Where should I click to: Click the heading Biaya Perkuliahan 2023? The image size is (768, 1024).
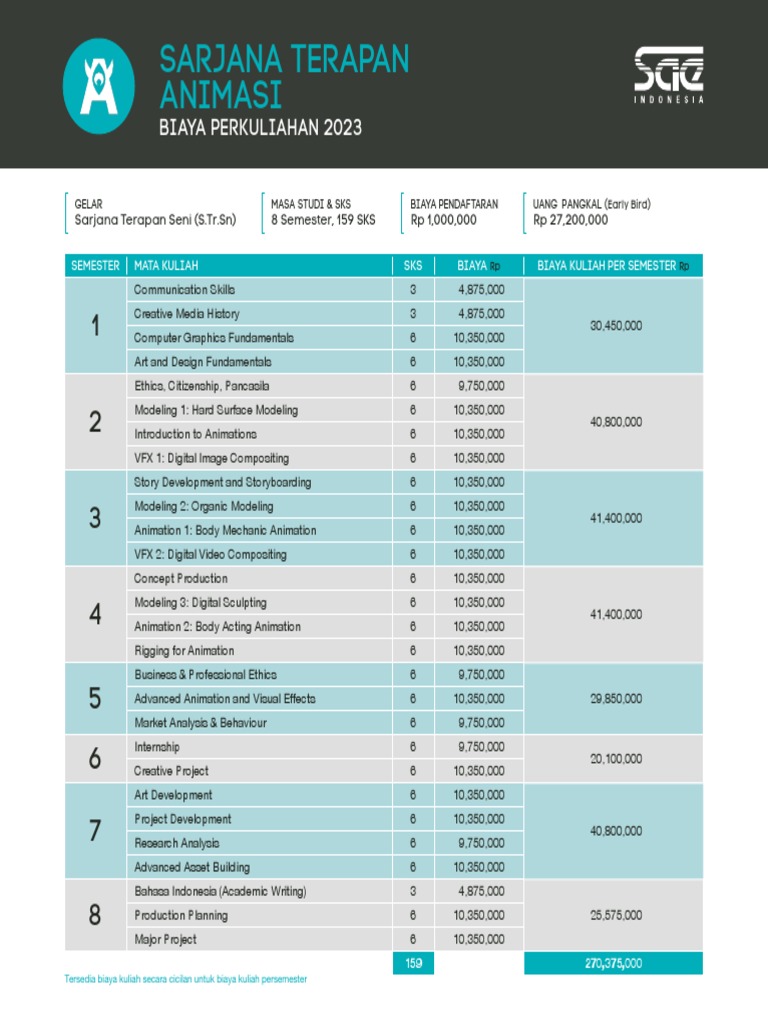[x=260, y=128]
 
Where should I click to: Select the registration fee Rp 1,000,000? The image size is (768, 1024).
[x=443, y=220]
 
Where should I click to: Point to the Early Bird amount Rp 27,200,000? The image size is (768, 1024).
[x=570, y=220]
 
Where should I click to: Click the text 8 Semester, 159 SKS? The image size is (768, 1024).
[x=323, y=220]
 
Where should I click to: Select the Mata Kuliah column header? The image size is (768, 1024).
[x=167, y=266]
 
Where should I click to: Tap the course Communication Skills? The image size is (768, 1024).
[x=185, y=290]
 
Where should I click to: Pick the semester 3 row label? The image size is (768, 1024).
[x=95, y=518]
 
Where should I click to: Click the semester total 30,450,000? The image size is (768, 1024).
[x=613, y=326]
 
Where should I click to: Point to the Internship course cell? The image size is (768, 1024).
[x=157, y=747]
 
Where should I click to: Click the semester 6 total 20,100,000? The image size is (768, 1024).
[x=613, y=759]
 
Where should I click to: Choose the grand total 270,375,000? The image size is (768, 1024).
[x=613, y=963]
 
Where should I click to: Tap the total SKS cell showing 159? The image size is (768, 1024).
[x=412, y=963]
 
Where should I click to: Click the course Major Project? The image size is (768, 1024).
[x=165, y=939]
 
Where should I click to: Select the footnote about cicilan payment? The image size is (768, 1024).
[x=185, y=980]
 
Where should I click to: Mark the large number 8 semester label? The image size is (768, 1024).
[x=95, y=915]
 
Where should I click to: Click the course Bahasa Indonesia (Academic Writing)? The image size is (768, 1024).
[x=220, y=891]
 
